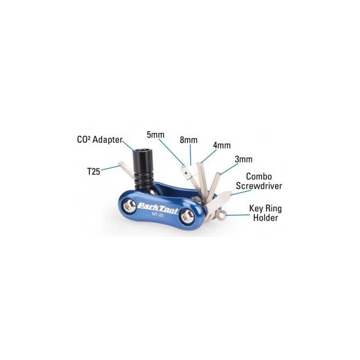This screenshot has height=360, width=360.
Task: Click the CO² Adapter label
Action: pyautogui.click(x=100, y=140)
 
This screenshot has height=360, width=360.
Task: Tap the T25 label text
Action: pyautogui.click(x=93, y=171)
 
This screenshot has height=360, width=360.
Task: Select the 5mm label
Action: pyautogui.click(x=156, y=135)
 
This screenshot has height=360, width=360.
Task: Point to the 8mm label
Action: pyautogui.click(x=189, y=140)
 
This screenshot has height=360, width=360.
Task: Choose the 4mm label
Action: pyautogui.click(x=222, y=145)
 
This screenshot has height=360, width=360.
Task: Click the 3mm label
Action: pyautogui.click(x=244, y=159)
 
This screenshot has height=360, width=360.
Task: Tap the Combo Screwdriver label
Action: pyautogui.click(x=259, y=181)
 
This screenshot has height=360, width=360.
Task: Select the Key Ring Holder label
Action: pyautogui.click(x=265, y=213)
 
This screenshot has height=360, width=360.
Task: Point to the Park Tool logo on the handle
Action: pyautogui.click(x=157, y=207)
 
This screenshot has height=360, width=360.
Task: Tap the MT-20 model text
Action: pyautogui.click(x=157, y=215)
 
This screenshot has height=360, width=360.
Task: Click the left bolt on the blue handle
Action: pyautogui.click(x=129, y=206)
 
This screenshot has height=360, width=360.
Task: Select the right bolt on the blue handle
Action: pyautogui.click(x=188, y=217)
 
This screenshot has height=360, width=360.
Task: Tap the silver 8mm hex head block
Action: pyautogui.click(x=189, y=171)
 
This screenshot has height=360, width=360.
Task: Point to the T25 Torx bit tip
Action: pyautogui.click(x=121, y=164)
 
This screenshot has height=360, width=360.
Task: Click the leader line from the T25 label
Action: pyautogui.click(x=111, y=168)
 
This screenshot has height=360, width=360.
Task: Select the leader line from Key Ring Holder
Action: pyautogui.click(x=238, y=215)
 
